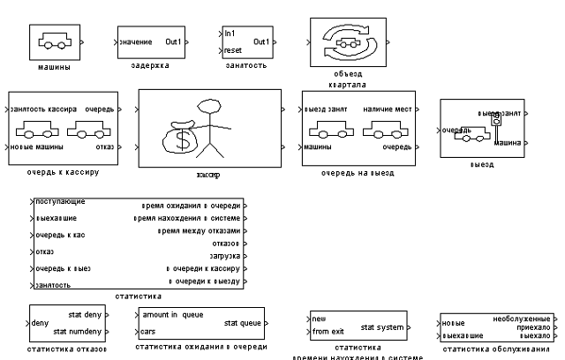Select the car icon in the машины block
pos(56,41)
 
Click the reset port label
pos(233,51)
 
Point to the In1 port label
pos(230,34)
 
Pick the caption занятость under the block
pos(246,65)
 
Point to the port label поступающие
pos(55,203)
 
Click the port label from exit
pos(328,332)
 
